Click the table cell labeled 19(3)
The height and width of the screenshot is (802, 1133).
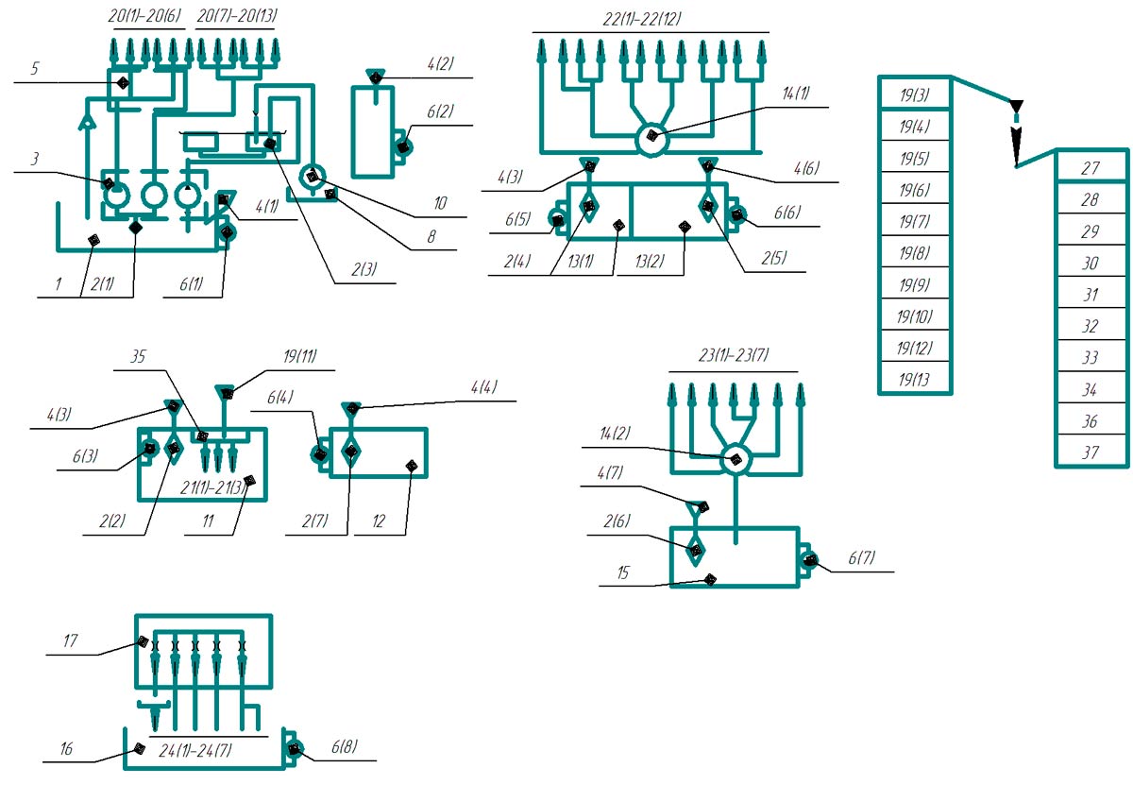coord(915,94)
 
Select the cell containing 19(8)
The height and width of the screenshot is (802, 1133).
coord(915,253)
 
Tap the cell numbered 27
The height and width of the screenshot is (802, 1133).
coord(1091,168)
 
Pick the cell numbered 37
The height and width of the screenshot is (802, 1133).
coord(1091,452)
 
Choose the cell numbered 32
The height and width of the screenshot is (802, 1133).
coord(1091,326)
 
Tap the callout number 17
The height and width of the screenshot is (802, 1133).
coord(70,640)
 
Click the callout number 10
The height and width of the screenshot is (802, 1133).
coord(439,204)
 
